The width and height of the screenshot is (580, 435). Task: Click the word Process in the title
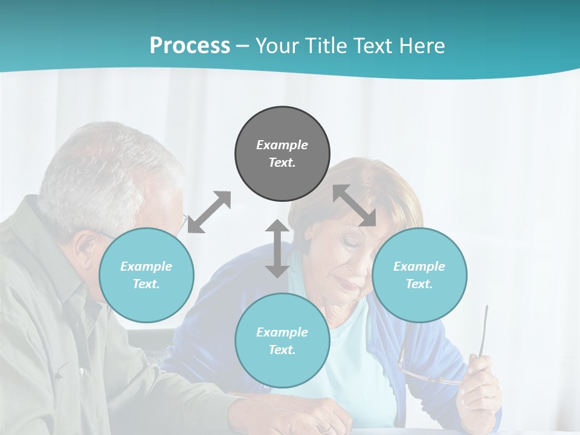coord(190,46)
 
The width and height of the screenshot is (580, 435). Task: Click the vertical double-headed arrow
coord(277,248)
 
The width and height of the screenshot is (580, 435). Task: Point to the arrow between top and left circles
coord(209,212)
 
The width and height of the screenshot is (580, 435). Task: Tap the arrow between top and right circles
coord(355,205)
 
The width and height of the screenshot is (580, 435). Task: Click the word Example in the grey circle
coord(282,145)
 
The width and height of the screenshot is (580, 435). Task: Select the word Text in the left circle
coord(146,284)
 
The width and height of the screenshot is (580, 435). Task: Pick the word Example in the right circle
coord(419,266)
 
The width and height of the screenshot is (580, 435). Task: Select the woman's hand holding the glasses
coord(480,387)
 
